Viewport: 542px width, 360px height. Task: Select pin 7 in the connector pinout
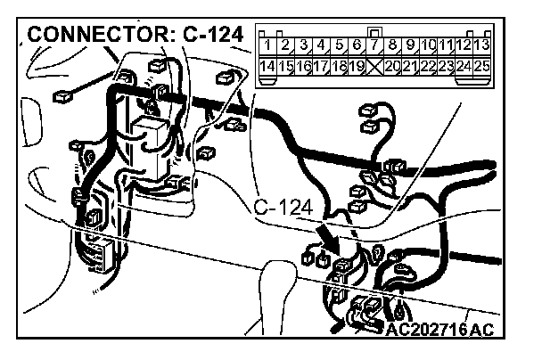374,45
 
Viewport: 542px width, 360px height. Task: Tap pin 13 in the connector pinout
481,45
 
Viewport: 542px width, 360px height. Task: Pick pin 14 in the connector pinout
267,66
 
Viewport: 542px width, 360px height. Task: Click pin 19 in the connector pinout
356,66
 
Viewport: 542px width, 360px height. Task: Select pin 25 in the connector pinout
481,66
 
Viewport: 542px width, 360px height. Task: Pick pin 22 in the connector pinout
429,66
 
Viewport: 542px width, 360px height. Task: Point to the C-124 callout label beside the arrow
283,209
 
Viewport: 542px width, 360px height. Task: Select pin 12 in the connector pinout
464,45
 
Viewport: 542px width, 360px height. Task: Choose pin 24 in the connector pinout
464,66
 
